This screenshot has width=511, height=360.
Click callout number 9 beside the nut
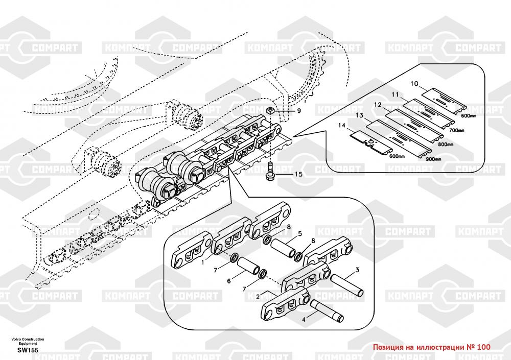299,111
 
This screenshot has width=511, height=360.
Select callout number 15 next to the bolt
298,174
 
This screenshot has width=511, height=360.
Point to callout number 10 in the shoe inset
414,84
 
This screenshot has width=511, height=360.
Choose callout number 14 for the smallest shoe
341,125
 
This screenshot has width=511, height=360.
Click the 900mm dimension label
433,159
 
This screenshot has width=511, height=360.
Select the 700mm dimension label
456,130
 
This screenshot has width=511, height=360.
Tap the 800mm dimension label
445,145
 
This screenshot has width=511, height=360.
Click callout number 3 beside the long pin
357,270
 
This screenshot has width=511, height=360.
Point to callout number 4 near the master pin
304,320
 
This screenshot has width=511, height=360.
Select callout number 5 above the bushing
300,233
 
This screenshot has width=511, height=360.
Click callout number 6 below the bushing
229,281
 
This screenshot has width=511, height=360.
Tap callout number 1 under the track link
203,262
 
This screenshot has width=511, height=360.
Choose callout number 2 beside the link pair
258,297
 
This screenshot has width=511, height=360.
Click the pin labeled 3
347,285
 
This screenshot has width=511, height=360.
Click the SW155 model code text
28,350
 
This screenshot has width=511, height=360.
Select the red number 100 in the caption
483,347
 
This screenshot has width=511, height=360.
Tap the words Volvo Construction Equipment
28,341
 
